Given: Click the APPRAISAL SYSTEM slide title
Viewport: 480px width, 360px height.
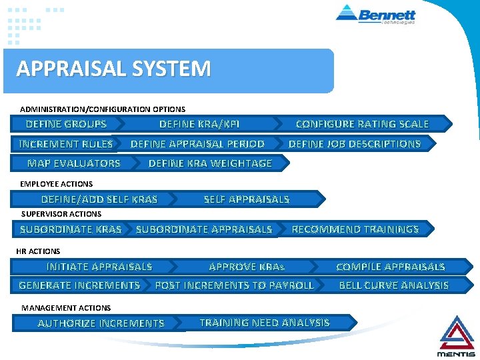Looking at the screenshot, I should (x=113, y=69).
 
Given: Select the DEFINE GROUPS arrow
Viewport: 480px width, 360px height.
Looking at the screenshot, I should (x=66, y=124).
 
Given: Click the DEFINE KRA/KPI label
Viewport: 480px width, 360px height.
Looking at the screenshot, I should (x=199, y=124).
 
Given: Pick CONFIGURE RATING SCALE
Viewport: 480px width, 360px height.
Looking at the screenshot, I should (x=362, y=124).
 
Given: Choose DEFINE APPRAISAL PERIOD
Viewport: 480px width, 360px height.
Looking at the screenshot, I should (x=197, y=144).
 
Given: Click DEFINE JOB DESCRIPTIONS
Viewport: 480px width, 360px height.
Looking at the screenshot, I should (x=355, y=144).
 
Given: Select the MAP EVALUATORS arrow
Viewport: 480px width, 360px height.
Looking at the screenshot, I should (x=74, y=163).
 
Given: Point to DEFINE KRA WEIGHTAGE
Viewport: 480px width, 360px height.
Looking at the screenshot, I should (x=210, y=163).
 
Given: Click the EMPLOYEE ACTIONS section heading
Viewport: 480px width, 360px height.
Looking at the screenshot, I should (x=57, y=183).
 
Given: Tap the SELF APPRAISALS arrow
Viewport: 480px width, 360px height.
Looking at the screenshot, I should (x=247, y=199).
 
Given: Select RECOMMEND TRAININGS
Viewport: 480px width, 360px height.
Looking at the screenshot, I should (x=355, y=229).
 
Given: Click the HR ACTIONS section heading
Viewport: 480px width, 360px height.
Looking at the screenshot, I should (x=38, y=251).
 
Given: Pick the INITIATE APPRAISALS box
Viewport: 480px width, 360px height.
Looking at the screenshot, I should (x=99, y=267).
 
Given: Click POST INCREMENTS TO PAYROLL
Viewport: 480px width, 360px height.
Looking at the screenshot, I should (x=234, y=285).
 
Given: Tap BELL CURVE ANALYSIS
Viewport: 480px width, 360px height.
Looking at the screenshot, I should (x=394, y=285).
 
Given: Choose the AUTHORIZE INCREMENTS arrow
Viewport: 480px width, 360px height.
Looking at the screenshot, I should (x=101, y=323).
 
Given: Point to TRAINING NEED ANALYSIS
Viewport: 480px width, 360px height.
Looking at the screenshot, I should (x=265, y=323).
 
